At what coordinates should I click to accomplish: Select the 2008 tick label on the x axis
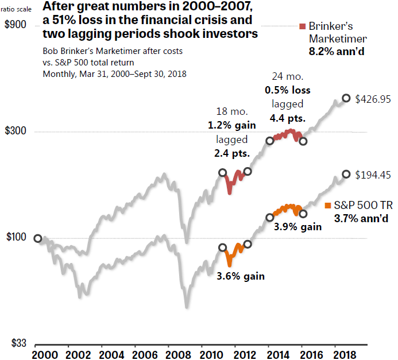click(169, 354)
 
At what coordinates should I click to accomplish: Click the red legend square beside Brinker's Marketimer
click(303, 26)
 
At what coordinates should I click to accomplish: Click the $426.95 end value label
click(373, 99)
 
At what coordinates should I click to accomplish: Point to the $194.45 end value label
click(373, 175)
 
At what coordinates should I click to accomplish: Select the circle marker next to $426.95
click(346, 98)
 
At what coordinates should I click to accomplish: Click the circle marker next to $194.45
click(346, 174)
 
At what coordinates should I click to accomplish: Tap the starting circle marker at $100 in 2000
click(38, 238)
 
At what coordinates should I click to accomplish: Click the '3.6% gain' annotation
click(241, 276)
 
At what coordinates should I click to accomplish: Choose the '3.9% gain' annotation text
click(297, 227)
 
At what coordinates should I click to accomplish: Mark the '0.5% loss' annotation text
click(287, 90)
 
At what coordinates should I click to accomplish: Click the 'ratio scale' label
click(17, 8)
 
